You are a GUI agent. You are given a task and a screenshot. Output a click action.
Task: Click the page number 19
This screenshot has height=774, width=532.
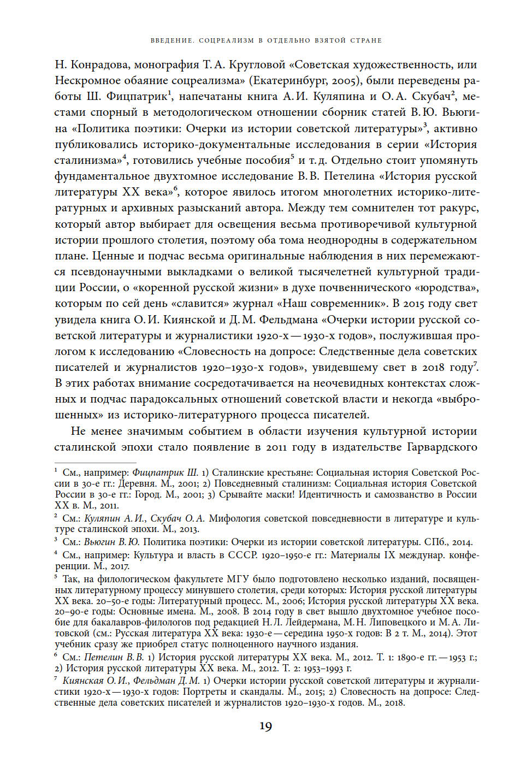point(265,726)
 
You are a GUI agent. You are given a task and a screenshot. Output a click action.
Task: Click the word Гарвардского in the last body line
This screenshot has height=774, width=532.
point(442,447)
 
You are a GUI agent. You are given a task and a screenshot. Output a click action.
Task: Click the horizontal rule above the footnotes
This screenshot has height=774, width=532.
point(95,463)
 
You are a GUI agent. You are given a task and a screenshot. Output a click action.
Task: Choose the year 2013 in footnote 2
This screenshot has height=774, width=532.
point(189,529)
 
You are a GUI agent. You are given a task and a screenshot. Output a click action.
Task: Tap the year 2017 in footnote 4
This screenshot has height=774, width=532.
point(119,566)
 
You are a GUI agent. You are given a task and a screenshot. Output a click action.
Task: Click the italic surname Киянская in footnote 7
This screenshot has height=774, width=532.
point(84,681)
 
